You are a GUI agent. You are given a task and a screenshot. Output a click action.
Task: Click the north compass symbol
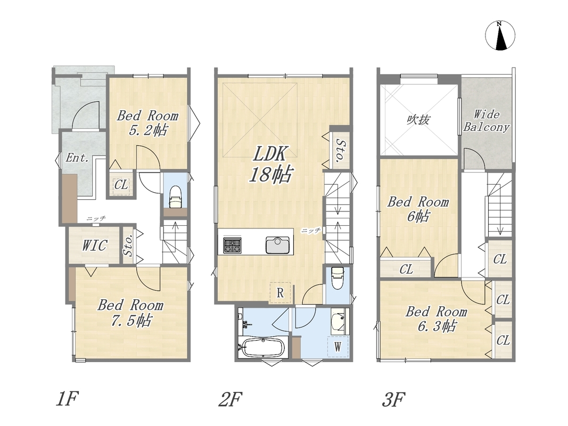pos(500,36)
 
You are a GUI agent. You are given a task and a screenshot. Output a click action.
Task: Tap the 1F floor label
pos(67,399)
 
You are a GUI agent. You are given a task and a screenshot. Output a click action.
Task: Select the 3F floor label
pos(393,400)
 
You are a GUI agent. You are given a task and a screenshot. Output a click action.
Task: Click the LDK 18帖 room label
pos(270,164)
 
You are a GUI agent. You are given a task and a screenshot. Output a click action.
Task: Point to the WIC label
pos(94,245)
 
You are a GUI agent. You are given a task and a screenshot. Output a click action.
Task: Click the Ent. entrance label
pos(77,158)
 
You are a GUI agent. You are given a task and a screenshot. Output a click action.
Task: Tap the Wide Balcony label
pos(487,121)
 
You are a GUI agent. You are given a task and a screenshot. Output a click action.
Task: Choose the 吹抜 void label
pos(418,119)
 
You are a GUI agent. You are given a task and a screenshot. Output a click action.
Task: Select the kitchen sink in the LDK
pos(278,245)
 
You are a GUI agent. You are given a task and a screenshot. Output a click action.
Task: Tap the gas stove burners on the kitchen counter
pos(232,245)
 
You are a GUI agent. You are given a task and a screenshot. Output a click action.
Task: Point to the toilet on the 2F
pos(337,278)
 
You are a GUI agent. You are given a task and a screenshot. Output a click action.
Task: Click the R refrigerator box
pos(279,293)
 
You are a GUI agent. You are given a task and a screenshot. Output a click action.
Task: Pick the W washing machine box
pos(337,347)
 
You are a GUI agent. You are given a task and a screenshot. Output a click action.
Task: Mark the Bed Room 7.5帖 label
pos(130,313)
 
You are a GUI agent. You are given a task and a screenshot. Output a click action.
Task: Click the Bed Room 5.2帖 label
pos(148,123)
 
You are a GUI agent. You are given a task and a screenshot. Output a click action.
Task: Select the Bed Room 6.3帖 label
pos(436,319)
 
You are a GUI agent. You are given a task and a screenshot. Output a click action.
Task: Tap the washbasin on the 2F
pos(339,320)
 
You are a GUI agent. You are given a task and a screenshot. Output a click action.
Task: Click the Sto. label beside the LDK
pos(340,150)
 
